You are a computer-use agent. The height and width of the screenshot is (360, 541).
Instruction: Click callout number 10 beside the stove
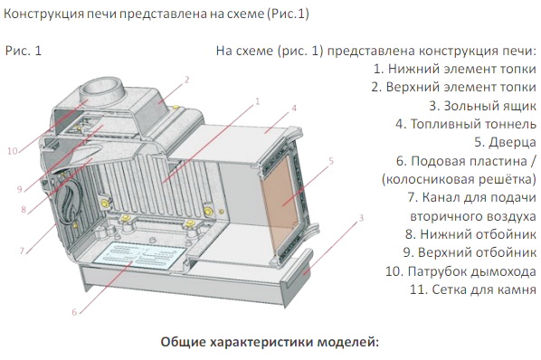tap(13, 151)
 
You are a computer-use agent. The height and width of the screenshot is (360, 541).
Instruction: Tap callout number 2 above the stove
tap(187, 80)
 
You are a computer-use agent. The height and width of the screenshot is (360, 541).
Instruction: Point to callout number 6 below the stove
tap(74, 312)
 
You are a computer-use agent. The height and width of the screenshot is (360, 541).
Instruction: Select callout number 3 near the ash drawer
tap(361, 218)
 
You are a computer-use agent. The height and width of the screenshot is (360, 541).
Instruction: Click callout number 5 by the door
tap(331, 161)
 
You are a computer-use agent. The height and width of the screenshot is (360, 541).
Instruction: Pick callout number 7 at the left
tap(22, 251)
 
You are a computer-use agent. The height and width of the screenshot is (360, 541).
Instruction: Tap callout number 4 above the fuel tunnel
tap(294, 108)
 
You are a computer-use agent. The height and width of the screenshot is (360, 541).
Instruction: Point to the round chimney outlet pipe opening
tap(101, 86)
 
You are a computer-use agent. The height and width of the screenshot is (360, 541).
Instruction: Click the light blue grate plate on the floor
tap(139, 255)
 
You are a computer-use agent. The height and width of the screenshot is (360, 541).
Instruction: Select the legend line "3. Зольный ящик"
tap(483, 106)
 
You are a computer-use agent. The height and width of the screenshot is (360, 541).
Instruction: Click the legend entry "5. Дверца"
tap(505, 142)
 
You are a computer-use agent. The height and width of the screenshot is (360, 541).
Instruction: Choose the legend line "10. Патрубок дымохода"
tap(461, 271)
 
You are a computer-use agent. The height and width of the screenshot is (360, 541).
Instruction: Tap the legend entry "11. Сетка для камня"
tap(473, 289)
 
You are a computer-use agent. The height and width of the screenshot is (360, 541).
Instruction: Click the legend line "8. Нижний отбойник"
tap(471, 234)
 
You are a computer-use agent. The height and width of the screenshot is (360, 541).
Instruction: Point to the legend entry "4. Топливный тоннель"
tap(466, 124)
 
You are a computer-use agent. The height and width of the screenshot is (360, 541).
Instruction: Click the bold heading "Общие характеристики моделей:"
tap(270, 342)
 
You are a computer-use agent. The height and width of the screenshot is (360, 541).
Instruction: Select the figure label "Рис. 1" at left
tap(24, 51)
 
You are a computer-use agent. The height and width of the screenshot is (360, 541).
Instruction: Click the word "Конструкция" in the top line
tap(43, 14)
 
